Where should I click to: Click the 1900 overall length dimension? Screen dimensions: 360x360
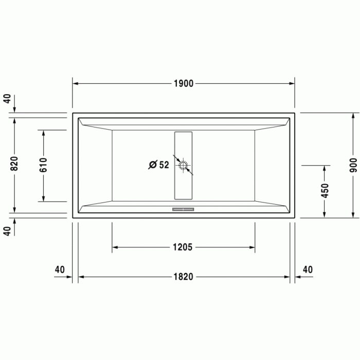click(x=183, y=84)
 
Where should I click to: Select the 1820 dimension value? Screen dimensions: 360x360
click(x=183, y=277)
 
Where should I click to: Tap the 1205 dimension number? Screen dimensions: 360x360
click(x=183, y=247)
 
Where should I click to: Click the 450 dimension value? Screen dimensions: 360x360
click(x=325, y=190)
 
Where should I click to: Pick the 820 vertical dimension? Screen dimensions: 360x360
click(x=14, y=164)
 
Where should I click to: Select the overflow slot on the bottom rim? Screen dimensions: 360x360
click(x=183, y=209)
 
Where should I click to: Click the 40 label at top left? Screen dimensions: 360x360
click(x=7, y=99)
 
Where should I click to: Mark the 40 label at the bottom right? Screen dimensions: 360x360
click(x=308, y=269)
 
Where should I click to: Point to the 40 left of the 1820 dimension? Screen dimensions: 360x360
click(x=60, y=269)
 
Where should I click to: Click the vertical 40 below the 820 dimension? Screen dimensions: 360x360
click(x=7, y=231)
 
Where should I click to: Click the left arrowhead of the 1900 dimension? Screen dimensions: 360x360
click(x=75, y=84)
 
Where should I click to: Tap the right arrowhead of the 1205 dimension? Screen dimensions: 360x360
click(x=252, y=247)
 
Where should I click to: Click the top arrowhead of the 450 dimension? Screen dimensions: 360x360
click(x=325, y=168)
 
